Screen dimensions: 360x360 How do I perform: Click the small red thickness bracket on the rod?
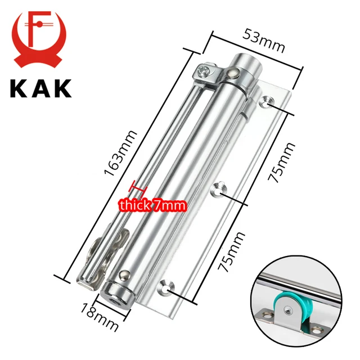click(138, 189)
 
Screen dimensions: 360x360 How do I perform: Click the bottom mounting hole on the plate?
click(165, 286)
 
